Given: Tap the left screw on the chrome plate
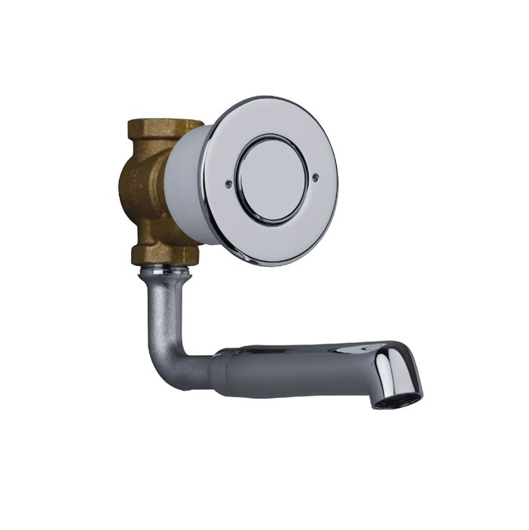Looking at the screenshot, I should (228, 182).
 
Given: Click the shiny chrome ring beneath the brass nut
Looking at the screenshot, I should (164, 268).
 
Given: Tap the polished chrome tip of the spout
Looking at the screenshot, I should (399, 369).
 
